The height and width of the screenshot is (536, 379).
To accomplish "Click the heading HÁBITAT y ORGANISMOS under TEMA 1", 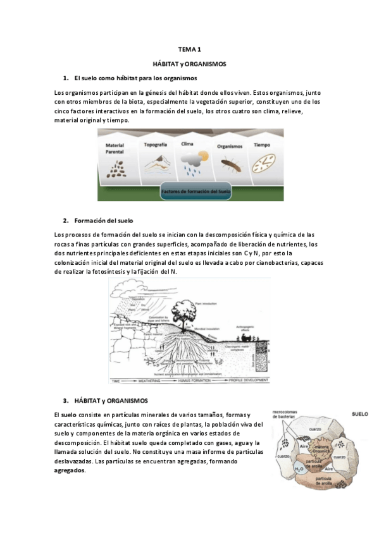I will [190, 64].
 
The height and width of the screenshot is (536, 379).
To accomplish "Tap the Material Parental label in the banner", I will [115, 149].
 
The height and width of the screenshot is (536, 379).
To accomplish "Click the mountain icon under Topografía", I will [155, 163].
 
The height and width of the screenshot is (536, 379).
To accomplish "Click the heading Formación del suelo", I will [103, 221].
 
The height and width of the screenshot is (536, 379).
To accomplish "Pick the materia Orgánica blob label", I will [320, 451].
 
